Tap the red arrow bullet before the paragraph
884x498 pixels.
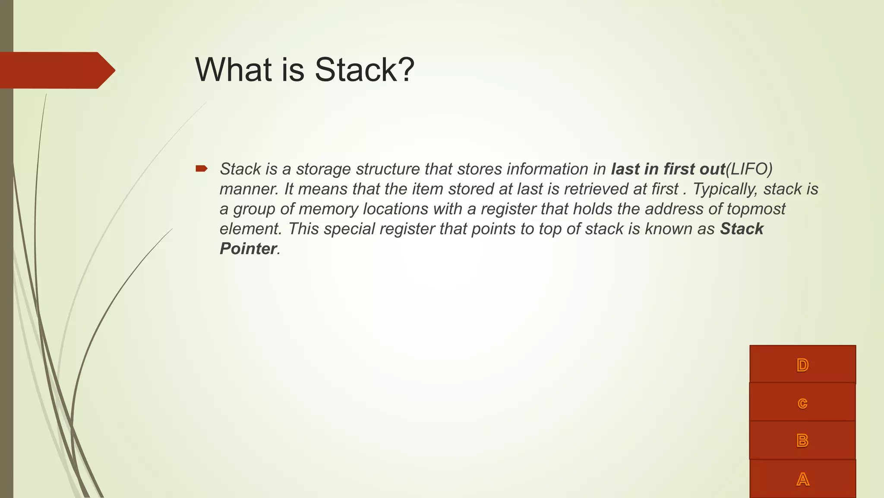(x=201, y=169)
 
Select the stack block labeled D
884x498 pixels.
(x=802, y=364)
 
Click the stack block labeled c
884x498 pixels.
(x=802, y=402)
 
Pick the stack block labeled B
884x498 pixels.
(x=802, y=441)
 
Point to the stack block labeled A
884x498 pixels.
(x=802, y=479)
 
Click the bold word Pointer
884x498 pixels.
(x=248, y=249)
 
